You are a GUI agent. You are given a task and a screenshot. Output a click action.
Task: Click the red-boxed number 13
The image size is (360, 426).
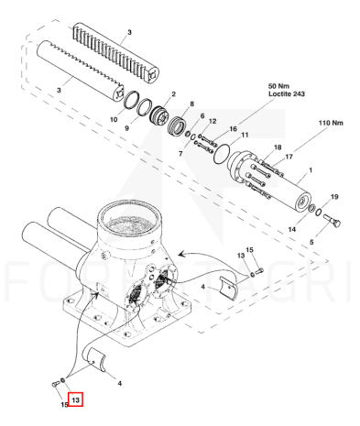75,399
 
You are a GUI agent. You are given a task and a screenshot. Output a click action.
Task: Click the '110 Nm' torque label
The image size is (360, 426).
331,123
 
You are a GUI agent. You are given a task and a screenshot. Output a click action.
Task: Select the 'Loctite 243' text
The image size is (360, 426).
287,93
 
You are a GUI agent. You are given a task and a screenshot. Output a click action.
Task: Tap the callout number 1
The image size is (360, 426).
311,169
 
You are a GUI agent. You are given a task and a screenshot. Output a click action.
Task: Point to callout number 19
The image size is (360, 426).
334,197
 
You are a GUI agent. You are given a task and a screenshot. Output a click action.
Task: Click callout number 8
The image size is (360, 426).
191,104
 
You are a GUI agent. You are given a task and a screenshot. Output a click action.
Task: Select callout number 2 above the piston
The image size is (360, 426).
173,94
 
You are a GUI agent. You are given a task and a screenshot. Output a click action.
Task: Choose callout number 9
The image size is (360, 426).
127,128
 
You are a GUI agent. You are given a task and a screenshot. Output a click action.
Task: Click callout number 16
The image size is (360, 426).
233,129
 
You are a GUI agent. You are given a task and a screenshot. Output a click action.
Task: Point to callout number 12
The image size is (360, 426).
213,121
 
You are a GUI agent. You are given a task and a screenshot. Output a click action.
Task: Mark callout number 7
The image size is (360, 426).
180,154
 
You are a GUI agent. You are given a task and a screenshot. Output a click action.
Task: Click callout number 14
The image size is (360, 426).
292,229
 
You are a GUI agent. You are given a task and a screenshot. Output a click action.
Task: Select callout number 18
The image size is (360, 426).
278,147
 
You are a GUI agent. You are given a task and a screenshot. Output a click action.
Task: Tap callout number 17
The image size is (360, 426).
289,157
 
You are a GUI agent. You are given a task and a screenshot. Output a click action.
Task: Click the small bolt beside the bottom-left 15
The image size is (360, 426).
56,384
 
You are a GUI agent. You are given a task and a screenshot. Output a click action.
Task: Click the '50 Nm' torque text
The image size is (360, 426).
278,86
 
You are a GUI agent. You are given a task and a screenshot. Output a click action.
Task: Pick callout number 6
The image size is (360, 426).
202,116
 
